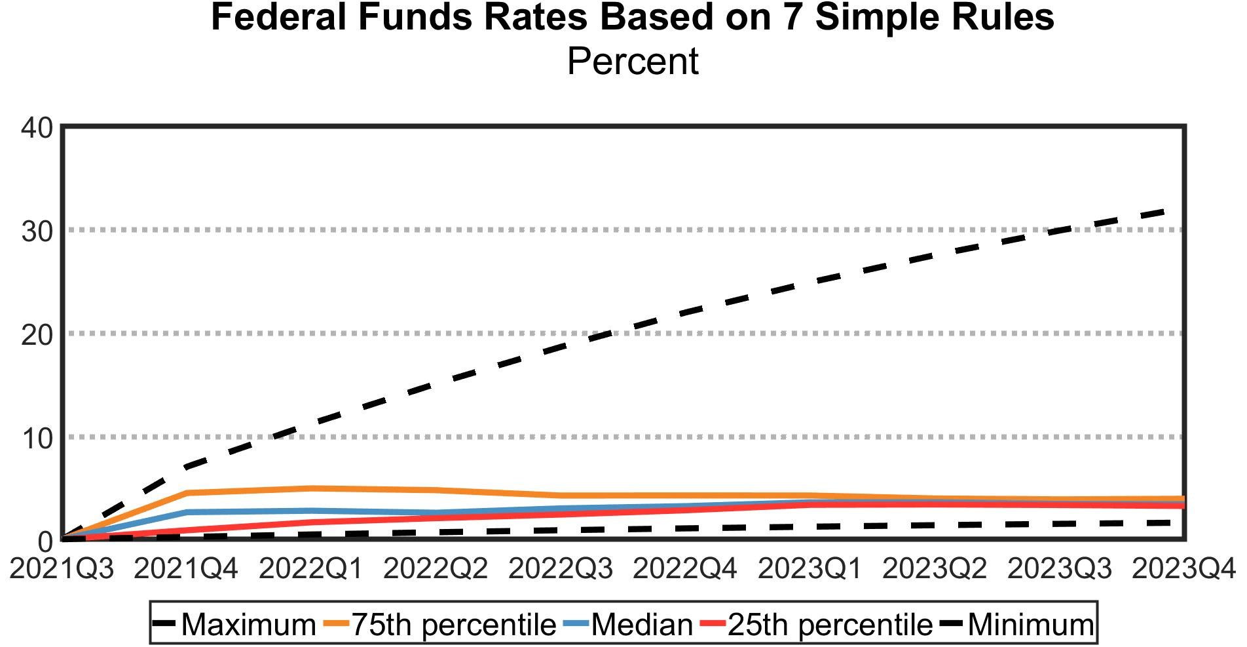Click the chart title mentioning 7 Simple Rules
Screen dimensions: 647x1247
point(632,18)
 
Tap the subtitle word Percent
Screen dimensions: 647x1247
point(632,62)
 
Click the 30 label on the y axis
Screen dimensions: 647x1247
point(37,231)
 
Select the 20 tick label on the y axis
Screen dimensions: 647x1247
point(37,334)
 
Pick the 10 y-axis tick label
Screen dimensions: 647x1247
point(37,438)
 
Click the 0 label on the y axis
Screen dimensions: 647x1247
point(45,541)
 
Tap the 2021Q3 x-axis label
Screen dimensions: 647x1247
point(62,569)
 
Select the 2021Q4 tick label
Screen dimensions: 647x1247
point(186,569)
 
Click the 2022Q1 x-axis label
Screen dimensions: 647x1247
point(311,569)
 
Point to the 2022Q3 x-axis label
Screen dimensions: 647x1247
point(561,569)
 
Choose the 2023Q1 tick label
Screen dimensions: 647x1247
point(810,569)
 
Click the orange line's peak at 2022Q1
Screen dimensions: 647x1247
point(312,488)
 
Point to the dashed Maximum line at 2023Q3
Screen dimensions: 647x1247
point(1060,230)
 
